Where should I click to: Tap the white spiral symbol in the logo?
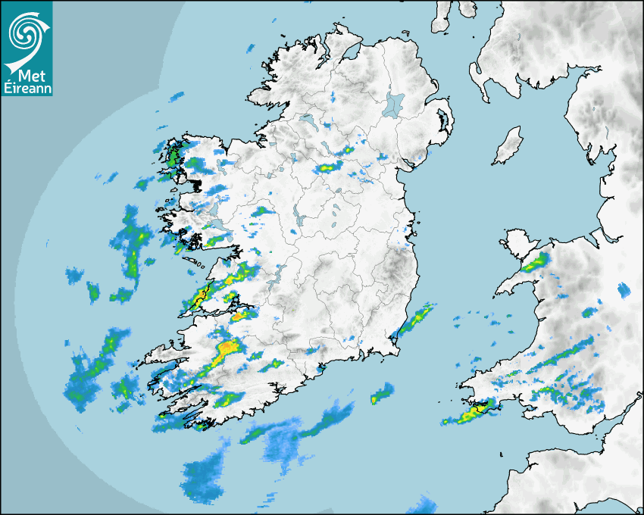(26, 32)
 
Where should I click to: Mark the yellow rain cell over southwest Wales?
(478, 412)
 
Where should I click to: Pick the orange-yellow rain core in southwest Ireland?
(226, 350)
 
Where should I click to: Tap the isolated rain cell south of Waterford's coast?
(383, 393)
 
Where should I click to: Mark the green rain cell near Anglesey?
(536, 262)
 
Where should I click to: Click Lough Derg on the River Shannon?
(279, 274)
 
